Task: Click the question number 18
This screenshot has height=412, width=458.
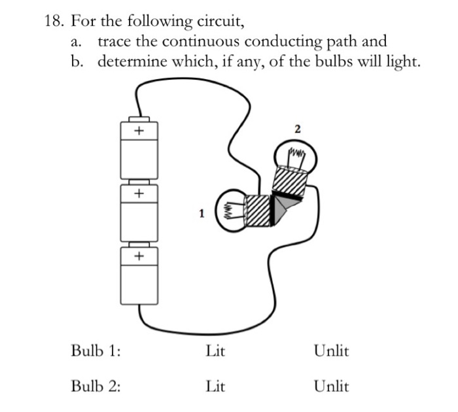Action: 54,22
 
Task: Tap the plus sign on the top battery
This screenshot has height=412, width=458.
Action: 138,131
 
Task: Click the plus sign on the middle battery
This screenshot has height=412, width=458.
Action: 138,194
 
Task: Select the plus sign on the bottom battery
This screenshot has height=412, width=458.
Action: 138,256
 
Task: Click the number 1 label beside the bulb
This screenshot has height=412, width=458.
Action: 202,213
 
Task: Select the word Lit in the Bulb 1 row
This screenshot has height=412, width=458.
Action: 215,351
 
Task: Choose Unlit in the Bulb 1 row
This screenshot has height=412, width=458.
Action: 331,351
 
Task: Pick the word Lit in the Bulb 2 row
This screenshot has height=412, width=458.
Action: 215,386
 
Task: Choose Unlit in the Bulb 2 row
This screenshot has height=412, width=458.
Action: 331,386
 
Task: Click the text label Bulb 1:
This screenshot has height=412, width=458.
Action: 96,351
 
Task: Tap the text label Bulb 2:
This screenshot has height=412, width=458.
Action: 96,386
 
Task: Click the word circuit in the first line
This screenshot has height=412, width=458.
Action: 222,22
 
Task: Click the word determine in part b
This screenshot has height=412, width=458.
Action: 131,62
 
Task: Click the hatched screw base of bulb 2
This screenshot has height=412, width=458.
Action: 289,180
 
